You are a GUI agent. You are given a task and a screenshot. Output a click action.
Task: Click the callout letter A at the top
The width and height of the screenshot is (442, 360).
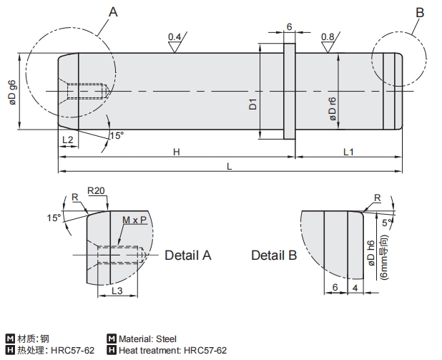coord(113,12)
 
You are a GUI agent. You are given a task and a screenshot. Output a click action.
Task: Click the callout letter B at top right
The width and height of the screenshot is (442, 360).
coord(420,12)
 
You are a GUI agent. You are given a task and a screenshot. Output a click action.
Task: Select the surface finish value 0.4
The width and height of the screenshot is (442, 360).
coord(175,37)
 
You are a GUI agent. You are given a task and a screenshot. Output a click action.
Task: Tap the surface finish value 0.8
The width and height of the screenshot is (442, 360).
coord(328,37)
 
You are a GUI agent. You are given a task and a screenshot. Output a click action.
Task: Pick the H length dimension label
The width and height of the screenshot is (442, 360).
coord(175,151)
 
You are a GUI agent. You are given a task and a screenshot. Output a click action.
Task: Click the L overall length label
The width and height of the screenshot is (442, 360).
coord(229,166)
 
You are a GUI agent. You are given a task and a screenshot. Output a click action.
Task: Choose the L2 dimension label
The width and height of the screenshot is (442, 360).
coord(67,138)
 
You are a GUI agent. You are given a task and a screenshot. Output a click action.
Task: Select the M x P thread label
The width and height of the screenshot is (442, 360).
coord(134,220)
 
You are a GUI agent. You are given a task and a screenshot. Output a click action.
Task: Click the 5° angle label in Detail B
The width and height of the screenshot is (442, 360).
coord(387,223)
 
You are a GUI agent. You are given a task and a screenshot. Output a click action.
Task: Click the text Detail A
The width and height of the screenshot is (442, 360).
coord(188,255)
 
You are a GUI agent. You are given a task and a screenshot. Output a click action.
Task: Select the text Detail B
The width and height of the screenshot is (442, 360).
coord(273,256)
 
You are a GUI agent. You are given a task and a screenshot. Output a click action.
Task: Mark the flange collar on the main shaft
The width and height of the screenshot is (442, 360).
coord(290,91)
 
